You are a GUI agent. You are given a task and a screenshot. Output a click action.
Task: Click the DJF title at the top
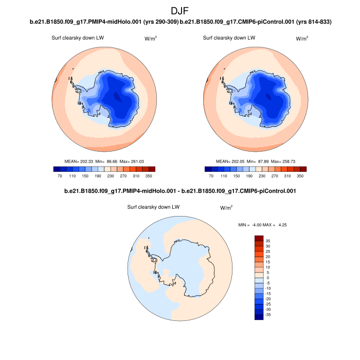(180, 10)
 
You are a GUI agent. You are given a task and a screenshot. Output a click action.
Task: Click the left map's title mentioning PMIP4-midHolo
(105, 22)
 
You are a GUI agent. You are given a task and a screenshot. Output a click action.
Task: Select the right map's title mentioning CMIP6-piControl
(256, 22)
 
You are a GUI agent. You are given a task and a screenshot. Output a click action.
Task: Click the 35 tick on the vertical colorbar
(267, 241)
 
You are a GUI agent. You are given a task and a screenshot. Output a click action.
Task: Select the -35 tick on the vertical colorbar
(267, 314)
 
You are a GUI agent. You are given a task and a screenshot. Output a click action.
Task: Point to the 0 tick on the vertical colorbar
(267, 278)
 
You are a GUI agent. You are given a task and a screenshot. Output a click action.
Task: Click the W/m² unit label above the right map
(302, 39)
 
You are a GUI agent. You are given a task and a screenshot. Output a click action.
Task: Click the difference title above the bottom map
(179, 191)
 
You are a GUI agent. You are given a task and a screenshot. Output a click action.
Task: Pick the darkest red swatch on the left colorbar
(152, 169)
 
